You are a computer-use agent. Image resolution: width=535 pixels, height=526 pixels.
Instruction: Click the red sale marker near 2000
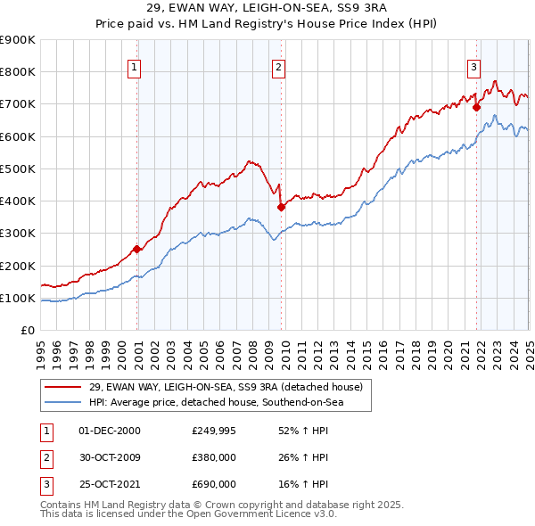(137, 249)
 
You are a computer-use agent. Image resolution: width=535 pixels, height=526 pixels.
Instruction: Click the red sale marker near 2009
(282, 207)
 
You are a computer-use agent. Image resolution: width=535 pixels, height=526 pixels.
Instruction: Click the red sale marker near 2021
(476, 107)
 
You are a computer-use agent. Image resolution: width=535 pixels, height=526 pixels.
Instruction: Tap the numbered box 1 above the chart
(134, 65)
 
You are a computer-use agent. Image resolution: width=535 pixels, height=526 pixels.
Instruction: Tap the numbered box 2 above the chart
(278, 65)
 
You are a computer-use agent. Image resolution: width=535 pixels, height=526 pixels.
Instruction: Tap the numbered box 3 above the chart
(473, 65)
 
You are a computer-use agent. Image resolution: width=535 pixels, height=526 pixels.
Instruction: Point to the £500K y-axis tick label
(18, 168)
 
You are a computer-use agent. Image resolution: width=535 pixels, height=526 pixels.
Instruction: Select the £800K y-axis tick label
(18, 71)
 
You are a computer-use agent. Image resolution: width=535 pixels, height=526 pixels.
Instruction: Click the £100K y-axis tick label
(18, 298)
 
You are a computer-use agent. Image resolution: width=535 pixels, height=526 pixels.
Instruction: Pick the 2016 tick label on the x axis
(383, 345)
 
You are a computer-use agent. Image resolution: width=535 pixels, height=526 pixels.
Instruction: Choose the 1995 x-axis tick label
(41, 345)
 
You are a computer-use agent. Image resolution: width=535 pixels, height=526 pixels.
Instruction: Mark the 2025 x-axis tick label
(529, 345)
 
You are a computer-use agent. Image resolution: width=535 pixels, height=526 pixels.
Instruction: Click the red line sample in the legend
(62, 388)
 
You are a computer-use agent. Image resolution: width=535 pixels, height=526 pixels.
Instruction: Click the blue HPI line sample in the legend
(62, 403)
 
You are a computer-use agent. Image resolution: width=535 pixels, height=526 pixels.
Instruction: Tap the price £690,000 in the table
(214, 484)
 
